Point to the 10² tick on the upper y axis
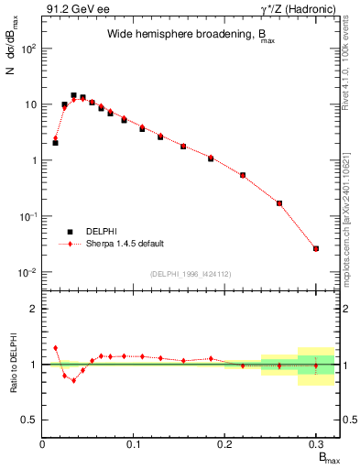[x=31, y=49]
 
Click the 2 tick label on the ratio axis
[x=33, y=309]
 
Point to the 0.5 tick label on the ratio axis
[x=29, y=420]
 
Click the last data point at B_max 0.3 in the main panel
[x=316, y=248]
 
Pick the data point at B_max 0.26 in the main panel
[x=279, y=203]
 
